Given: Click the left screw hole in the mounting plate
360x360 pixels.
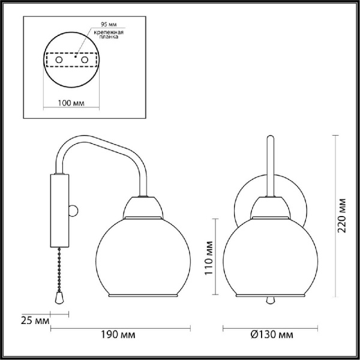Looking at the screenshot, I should pyautogui.click(x=59, y=61).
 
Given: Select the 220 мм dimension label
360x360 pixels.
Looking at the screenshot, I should pyautogui.click(x=343, y=216).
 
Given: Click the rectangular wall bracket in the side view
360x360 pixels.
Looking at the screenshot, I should pyautogui.click(x=59, y=210).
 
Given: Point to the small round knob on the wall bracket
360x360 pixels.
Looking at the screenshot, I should pyautogui.click(x=73, y=210).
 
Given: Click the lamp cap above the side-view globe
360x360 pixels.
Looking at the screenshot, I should pyautogui.click(x=142, y=208).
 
